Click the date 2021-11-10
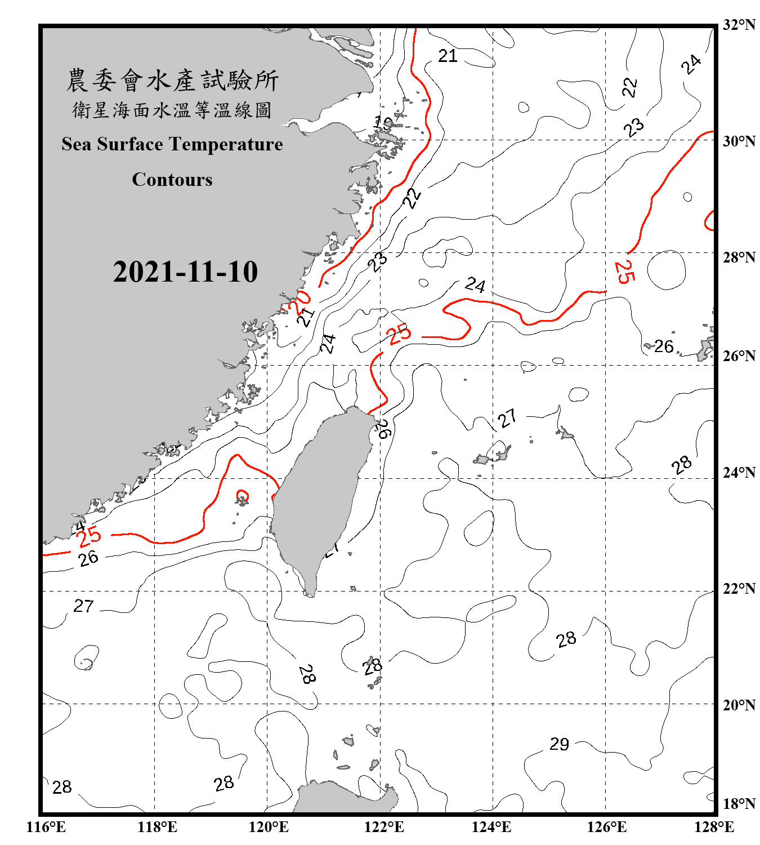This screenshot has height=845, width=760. (x=185, y=272)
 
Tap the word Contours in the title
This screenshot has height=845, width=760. (x=172, y=180)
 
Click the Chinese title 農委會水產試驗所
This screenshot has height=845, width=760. (x=172, y=81)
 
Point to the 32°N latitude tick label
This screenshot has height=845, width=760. (x=739, y=25)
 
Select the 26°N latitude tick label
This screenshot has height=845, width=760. (x=739, y=356)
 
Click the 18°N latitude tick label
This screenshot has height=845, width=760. (x=739, y=803)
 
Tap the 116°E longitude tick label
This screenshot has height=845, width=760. (x=46, y=827)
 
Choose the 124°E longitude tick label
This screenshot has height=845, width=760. (x=491, y=827)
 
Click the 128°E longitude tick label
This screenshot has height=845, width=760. (x=714, y=827)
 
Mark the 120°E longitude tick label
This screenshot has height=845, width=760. (x=269, y=827)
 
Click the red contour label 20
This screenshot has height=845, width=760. (x=299, y=303)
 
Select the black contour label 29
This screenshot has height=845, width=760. (x=560, y=744)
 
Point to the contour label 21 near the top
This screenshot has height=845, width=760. (x=448, y=56)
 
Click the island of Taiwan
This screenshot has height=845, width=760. (x=321, y=496)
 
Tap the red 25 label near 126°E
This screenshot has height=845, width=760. (x=624, y=272)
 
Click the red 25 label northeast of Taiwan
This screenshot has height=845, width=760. (x=400, y=334)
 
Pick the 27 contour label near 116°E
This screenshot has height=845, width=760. (x=83, y=606)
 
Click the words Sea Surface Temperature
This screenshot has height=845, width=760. (x=172, y=144)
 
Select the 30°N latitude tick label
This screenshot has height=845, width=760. (x=739, y=141)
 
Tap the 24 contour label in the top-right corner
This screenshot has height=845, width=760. (x=691, y=64)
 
